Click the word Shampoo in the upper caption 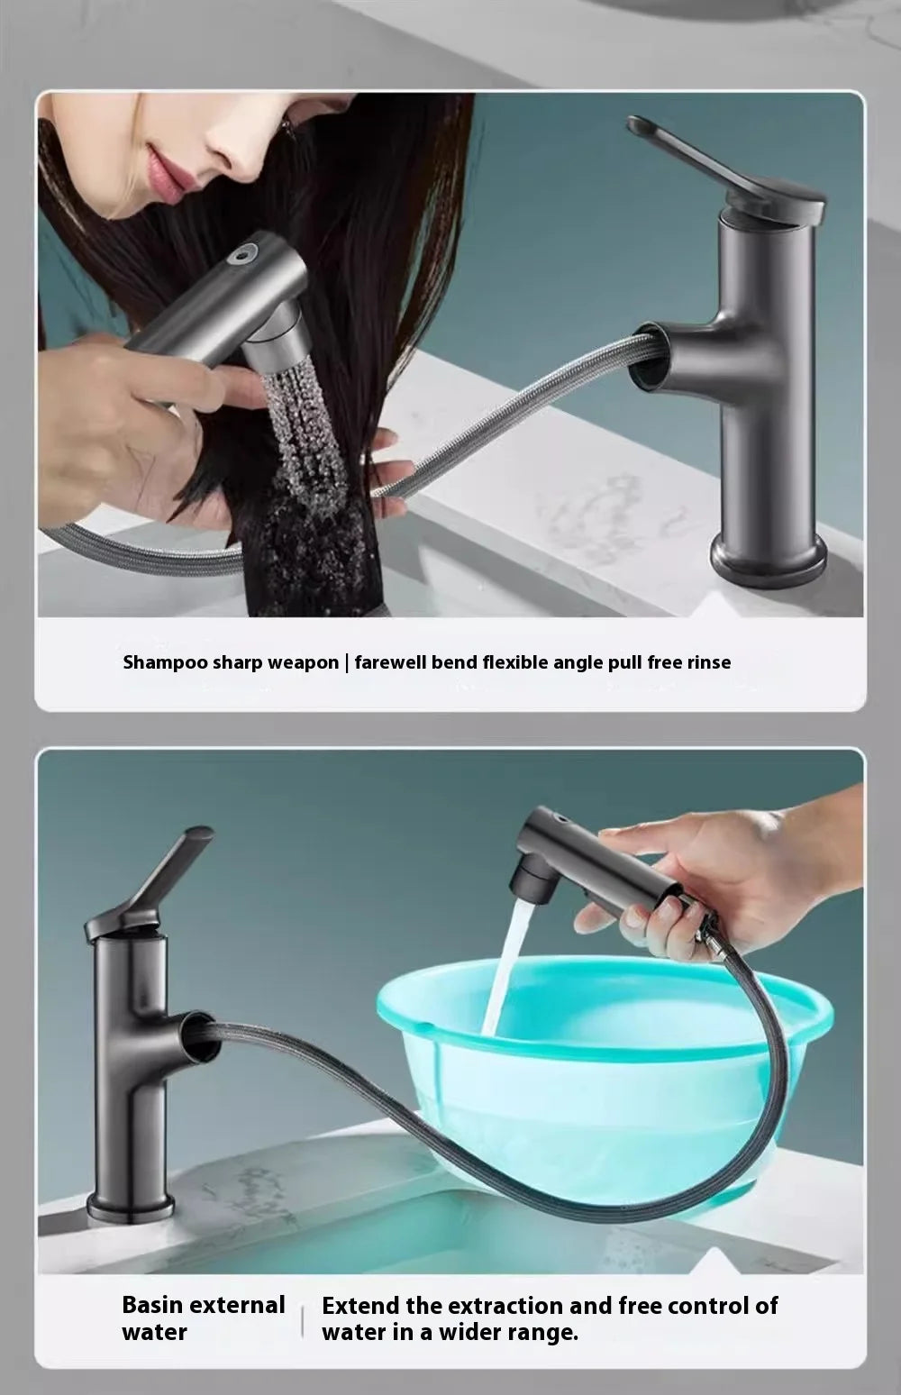point(165,662)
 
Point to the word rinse point(708,662)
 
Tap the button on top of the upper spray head point(242,254)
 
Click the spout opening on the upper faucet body point(645,358)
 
